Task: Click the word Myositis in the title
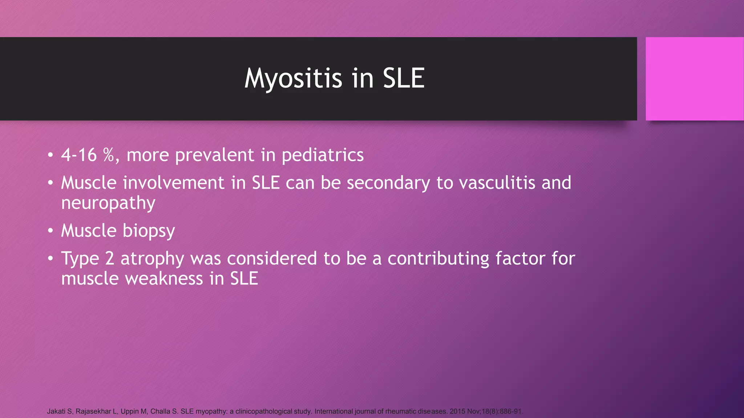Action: pos(293,78)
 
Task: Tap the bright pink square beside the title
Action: pos(694,78)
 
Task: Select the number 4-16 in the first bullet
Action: pos(79,155)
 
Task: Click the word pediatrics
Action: pos(322,155)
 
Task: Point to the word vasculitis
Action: pos(497,183)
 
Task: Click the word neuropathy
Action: pos(108,203)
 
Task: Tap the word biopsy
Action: pos(149,231)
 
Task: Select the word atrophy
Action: pos(152,258)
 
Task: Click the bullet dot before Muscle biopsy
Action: pos(50,231)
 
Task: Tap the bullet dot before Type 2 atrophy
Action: pos(50,258)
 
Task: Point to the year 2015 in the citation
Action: pos(457,411)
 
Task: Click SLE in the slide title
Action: pos(404,78)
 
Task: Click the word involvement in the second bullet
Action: pos(173,183)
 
